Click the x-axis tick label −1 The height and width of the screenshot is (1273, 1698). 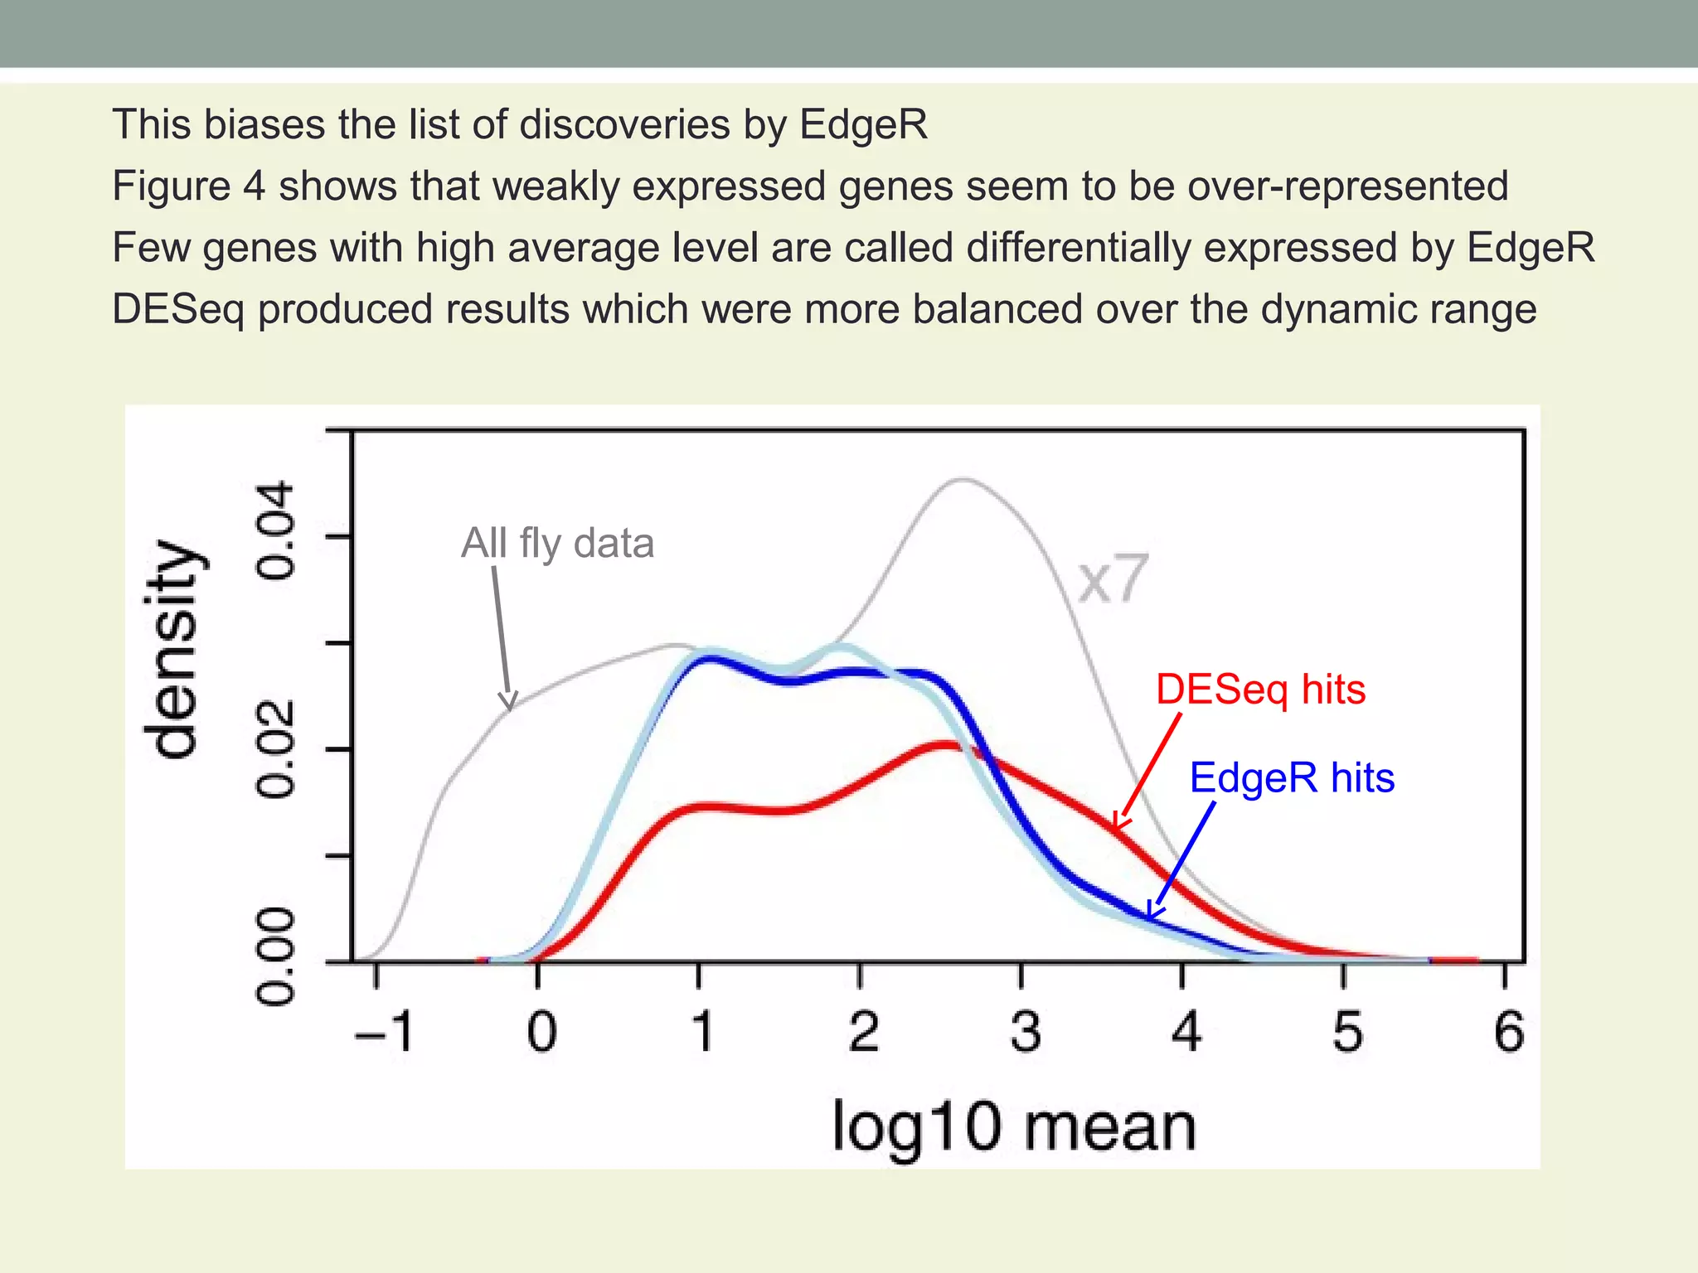coord(383,1033)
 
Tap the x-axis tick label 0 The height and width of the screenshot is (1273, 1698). coord(541,1033)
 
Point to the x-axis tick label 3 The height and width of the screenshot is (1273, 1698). coord(1025,1033)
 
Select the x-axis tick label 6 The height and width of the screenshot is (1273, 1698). coord(1508,1033)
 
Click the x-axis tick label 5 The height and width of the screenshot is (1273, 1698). coord(1347,1033)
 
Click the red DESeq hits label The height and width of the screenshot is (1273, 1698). coord(1260,690)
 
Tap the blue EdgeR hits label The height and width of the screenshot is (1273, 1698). coord(1292,778)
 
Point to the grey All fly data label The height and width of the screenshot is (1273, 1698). coord(557,544)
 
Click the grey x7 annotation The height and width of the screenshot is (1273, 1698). coord(1113,579)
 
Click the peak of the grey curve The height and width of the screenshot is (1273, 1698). coord(962,479)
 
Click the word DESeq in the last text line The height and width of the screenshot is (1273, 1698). coord(178,309)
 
